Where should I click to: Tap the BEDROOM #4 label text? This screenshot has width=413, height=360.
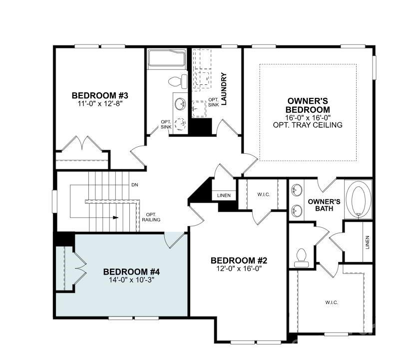(x=131, y=272)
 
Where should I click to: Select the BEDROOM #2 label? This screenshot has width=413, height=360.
(x=239, y=260)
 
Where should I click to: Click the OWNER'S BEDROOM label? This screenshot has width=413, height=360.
(x=307, y=105)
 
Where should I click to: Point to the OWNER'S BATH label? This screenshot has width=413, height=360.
(x=324, y=205)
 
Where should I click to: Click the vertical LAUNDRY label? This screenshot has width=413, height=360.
(x=224, y=89)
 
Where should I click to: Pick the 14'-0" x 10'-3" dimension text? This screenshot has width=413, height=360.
(x=131, y=280)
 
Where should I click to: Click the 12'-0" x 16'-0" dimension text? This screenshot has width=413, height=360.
(x=239, y=269)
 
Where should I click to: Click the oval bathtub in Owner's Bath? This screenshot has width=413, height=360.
(x=359, y=199)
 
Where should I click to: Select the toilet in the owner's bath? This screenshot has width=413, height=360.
(x=301, y=257)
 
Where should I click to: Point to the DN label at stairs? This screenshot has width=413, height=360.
(x=134, y=185)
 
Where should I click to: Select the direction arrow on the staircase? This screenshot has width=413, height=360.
(x=115, y=218)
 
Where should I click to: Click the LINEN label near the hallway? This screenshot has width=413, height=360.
(x=224, y=195)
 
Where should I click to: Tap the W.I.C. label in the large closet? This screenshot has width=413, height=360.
(x=332, y=302)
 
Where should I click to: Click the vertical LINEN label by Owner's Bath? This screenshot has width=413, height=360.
(x=367, y=243)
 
